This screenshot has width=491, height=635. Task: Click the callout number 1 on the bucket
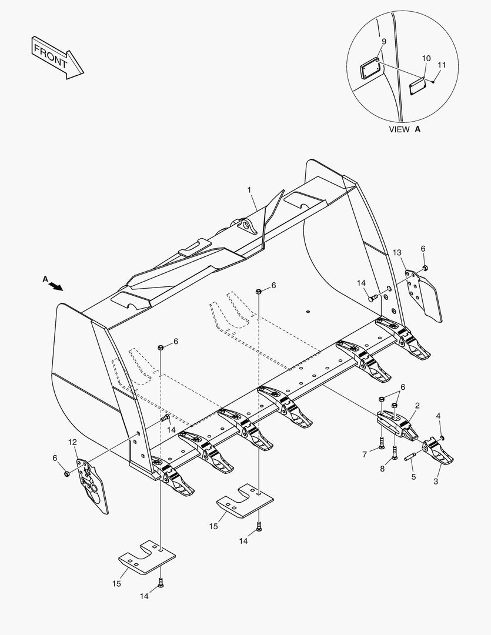[x=249, y=190]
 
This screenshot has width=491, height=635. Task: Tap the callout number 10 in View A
[x=426, y=58]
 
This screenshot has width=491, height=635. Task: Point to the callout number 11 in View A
[x=442, y=65]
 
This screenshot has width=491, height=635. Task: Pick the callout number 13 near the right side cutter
[x=398, y=252]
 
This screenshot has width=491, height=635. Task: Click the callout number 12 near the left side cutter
[x=72, y=442]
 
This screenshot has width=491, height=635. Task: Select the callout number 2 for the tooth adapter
[x=417, y=405]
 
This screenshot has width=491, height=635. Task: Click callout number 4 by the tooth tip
[x=438, y=416]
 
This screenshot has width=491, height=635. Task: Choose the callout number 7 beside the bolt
[x=365, y=454]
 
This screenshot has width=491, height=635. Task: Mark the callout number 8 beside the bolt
[x=383, y=468]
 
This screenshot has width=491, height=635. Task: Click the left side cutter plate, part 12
[x=93, y=482]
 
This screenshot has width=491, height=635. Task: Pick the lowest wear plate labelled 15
[x=147, y=558]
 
